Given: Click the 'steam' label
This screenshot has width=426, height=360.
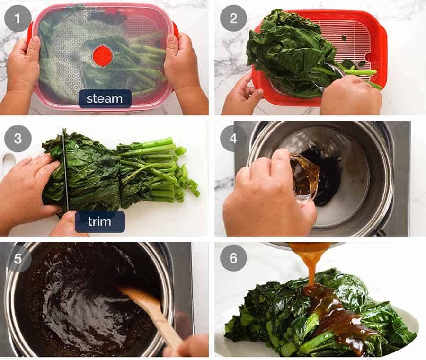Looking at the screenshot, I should pos(105,99).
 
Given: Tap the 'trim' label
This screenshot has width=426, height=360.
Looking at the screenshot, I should pos(99,221).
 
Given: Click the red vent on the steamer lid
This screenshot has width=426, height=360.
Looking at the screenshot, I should pos(103,55).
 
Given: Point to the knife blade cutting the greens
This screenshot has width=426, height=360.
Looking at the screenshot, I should pos(65,170).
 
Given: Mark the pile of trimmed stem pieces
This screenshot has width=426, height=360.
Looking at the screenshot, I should pos(187,182).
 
